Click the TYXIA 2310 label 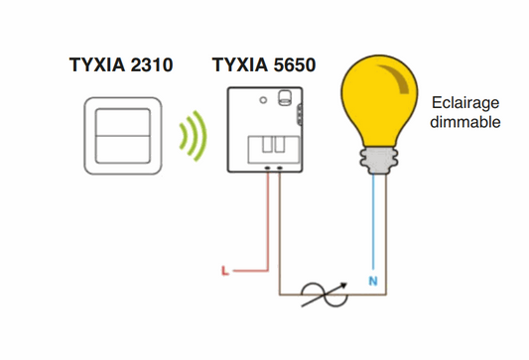[121, 66]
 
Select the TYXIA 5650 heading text [264, 66]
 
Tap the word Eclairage [464, 103]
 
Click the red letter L [224, 269]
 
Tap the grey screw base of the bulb [379, 158]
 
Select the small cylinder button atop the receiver [285, 96]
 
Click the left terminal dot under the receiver [267, 168]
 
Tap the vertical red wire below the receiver [267, 218]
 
